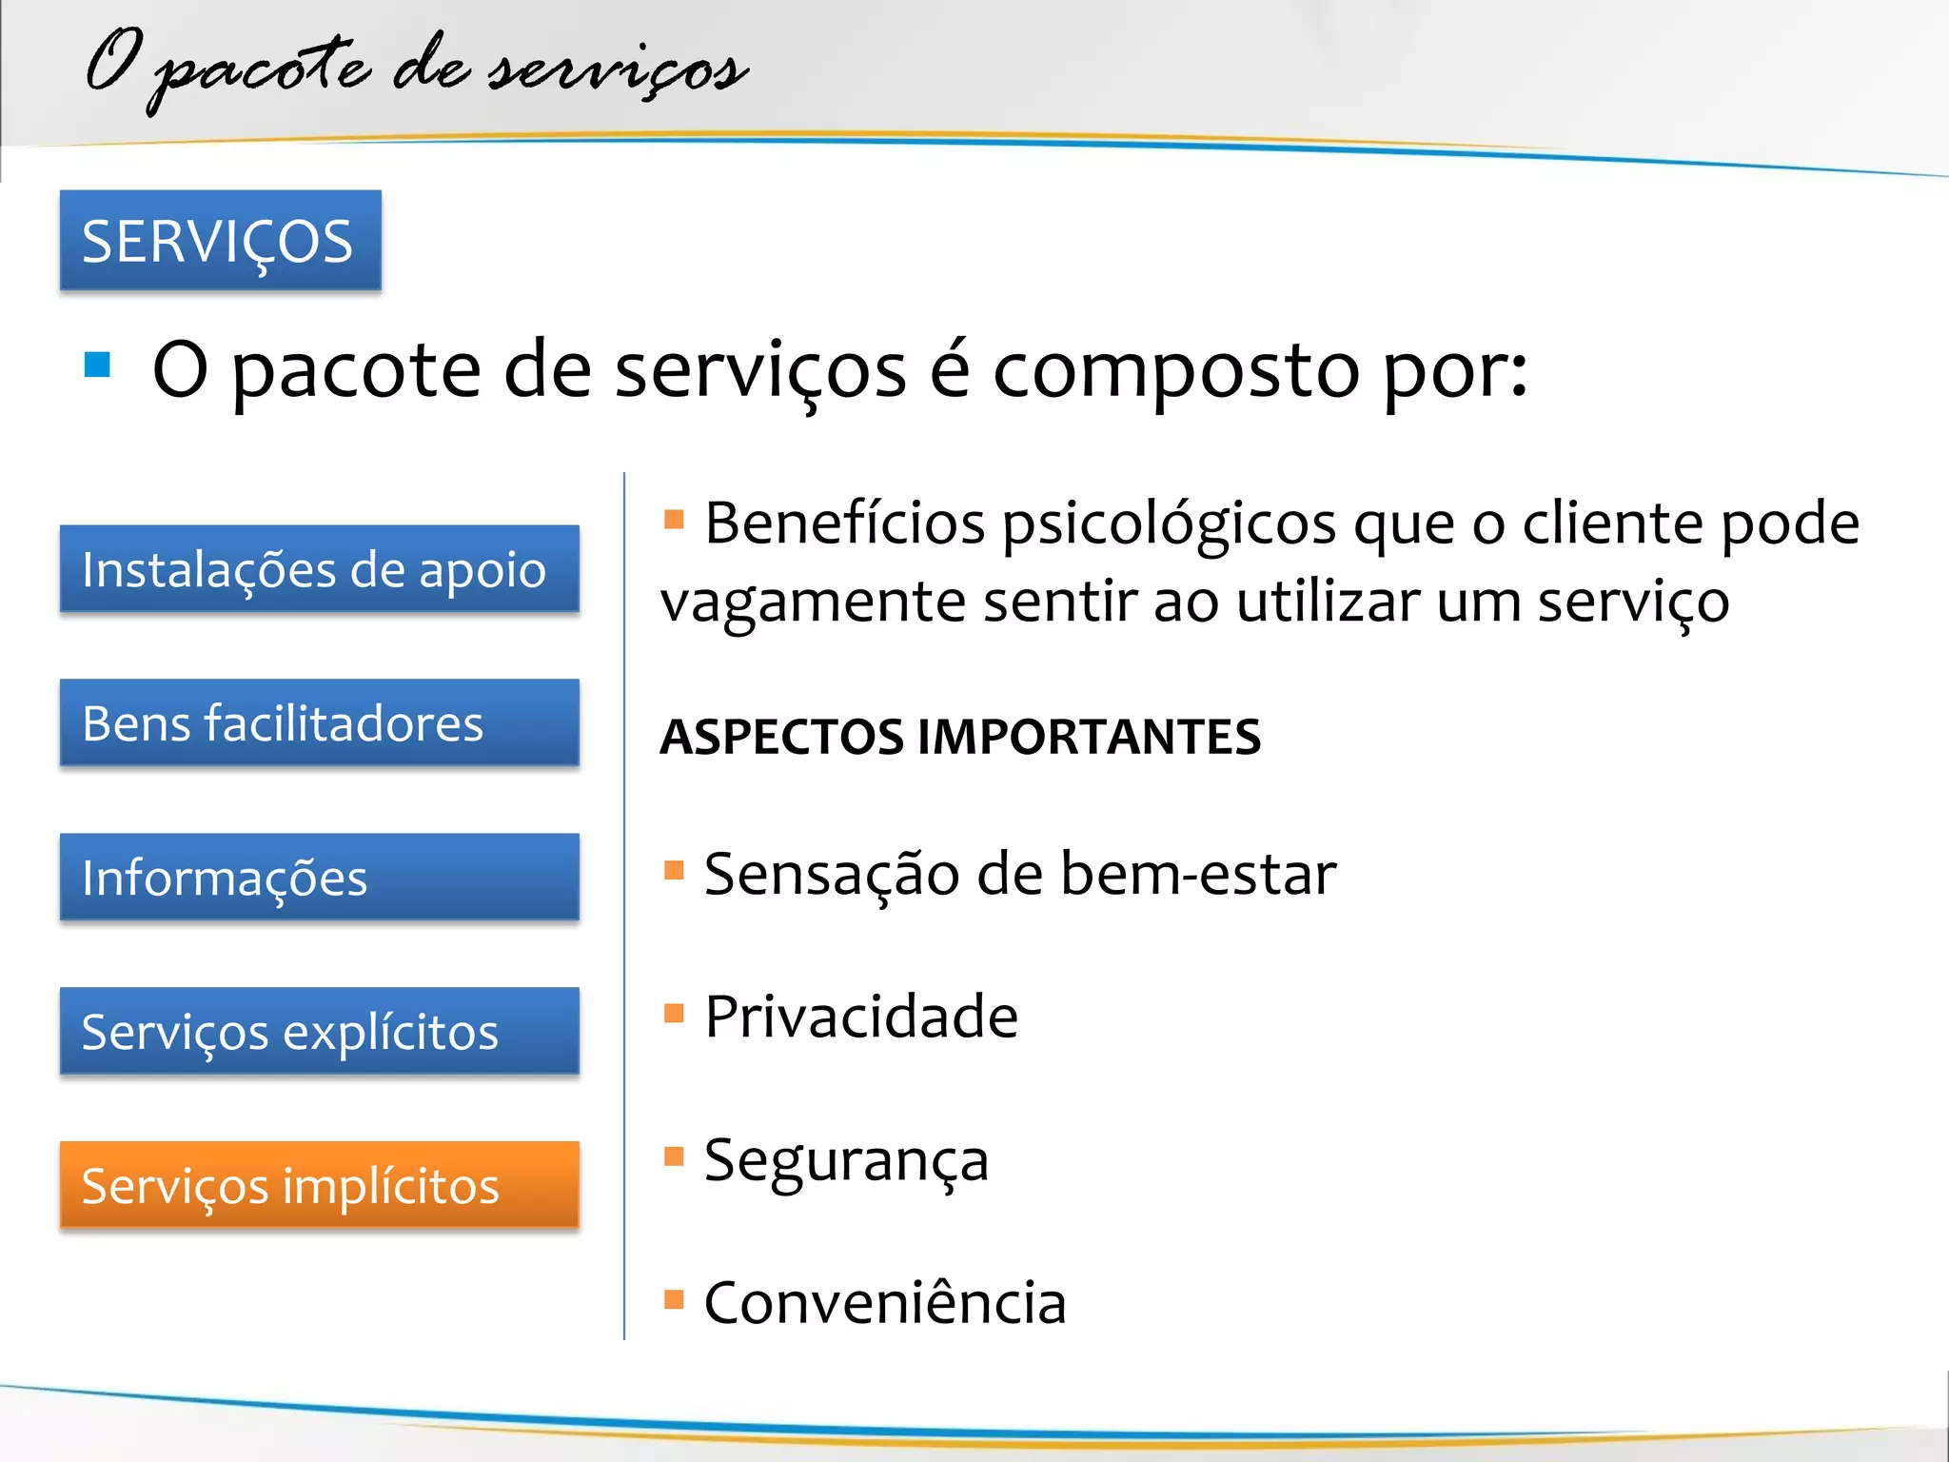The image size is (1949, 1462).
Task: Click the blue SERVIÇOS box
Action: [220, 240]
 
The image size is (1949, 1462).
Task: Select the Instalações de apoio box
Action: [319, 569]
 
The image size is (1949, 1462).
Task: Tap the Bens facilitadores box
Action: [319, 722]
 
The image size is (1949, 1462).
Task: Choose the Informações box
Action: [319, 877]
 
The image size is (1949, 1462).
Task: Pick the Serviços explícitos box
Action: [319, 1031]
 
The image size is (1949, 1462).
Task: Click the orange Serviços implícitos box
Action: [319, 1185]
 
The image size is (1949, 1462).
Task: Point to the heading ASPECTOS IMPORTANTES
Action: [960, 737]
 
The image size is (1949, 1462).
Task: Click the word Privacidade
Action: [861, 1017]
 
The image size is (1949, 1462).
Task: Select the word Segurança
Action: [846, 1161]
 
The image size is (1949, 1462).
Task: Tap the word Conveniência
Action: [885, 1302]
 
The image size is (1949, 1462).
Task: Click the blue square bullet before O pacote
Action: [97, 365]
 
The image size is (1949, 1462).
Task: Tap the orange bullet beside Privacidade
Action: [674, 1013]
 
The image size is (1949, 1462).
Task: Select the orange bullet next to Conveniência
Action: [674, 1299]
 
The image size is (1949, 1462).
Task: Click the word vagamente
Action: [813, 603]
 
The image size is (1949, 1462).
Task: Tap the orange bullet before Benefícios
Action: [674, 519]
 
